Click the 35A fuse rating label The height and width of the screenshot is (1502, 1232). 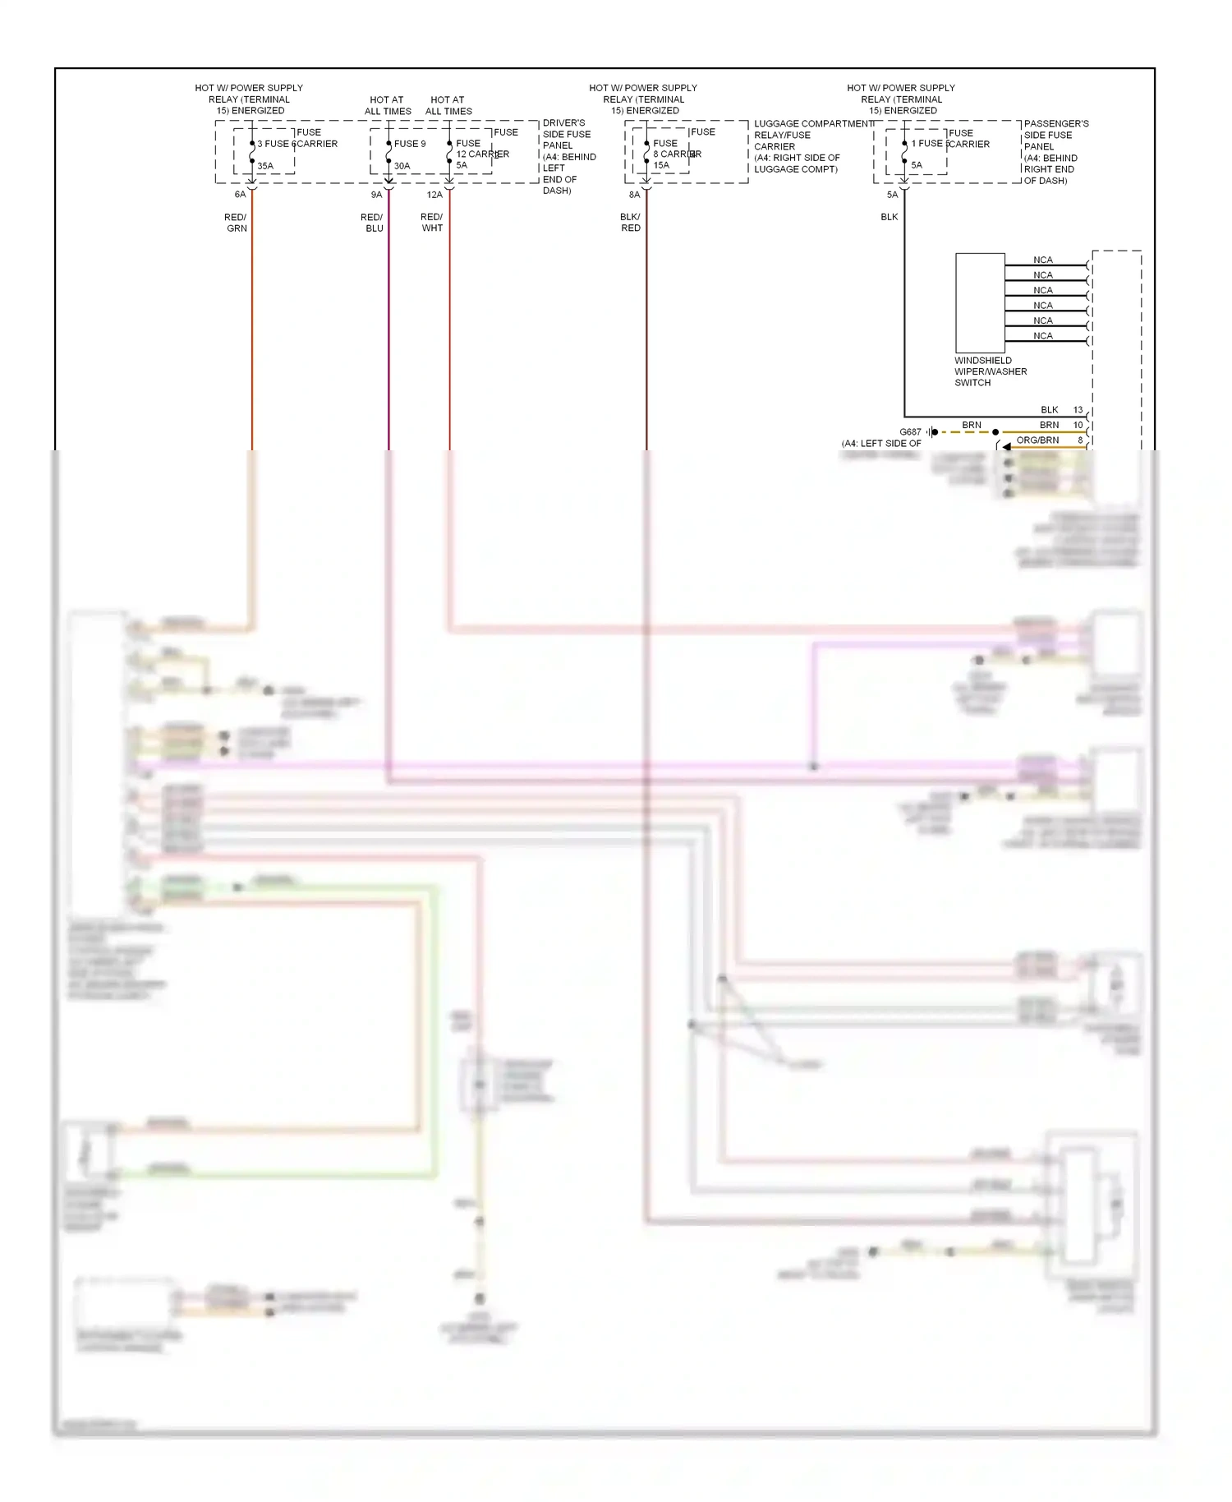click(x=264, y=166)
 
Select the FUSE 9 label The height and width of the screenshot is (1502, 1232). click(x=410, y=144)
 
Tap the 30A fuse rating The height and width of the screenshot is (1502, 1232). click(x=402, y=166)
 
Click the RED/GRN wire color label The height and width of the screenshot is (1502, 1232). click(x=236, y=223)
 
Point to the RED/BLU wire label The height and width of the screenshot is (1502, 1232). click(x=372, y=223)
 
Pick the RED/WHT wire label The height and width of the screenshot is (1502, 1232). click(x=432, y=223)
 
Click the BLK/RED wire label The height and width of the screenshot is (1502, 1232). click(x=630, y=223)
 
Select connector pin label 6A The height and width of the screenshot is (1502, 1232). click(x=240, y=195)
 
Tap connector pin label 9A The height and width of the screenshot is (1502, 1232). click(x=376, y=195)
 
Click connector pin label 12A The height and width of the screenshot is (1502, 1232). click(x=434, y=195)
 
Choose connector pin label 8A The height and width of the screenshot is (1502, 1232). click(x=634, y=195)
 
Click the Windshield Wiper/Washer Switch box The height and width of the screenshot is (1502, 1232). click(x=980, y=303)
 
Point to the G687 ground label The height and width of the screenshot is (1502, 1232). click(x=910, y=432)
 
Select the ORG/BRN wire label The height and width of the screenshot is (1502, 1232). click(x=1037, y=440)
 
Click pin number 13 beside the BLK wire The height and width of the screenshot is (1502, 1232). click(x=1078, y=410)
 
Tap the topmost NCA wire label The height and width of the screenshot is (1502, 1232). click(x=1042, y=260)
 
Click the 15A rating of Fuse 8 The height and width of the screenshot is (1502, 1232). click(x=661, y=165)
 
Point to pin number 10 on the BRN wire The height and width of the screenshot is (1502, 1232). click(x=1078, y=425)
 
